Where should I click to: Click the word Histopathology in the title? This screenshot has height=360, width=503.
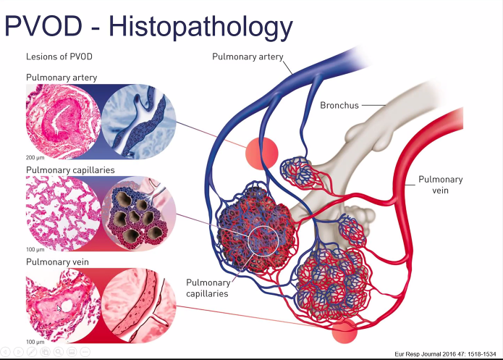click(x=200, y=28)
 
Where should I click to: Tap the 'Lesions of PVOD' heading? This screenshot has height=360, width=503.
click(x=59, y=56)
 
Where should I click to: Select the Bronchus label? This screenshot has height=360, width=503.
click(x=339, y=106)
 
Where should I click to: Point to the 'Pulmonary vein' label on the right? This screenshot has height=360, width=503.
click(x=441, y=185)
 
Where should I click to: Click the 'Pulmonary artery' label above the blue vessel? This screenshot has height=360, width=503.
click(x=247, y=56)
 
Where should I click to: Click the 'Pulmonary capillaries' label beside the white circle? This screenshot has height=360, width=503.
click(x=208, y=288)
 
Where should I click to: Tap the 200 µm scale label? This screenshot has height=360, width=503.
click(x=35, y=156)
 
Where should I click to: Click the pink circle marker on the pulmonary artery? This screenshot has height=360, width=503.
click(x=261, y=151)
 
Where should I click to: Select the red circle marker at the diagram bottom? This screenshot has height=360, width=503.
click(x=345, y=330)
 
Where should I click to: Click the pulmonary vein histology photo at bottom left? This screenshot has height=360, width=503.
click(x=64, y=304)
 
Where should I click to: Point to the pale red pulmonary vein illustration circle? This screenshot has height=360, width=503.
click(x=138, y=304)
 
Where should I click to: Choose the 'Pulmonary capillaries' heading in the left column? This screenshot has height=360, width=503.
click(x=70, y=170)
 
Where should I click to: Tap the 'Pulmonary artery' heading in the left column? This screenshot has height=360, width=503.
click(x=62, y=78)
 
